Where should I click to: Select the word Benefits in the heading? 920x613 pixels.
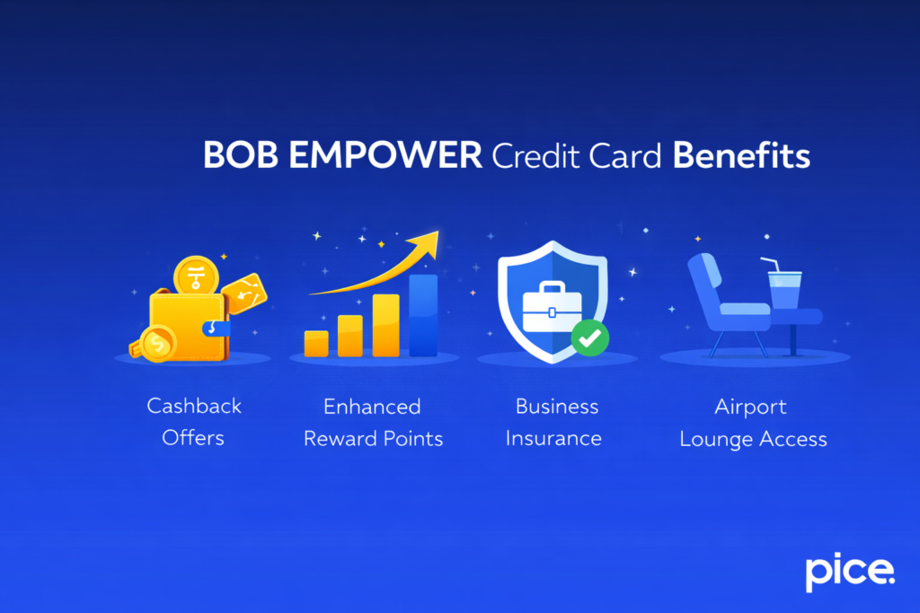(741, 156)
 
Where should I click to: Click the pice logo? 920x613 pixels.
(849, 572)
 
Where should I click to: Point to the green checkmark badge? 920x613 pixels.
(590, 337)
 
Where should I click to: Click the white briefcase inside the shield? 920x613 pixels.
(553, 306)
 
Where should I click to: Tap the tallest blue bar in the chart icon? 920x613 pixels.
(423, 315)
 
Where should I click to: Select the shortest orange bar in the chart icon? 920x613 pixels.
(316, 343)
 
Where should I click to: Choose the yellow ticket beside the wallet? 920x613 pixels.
(244, 292)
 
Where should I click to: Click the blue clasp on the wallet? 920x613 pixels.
(217, 328)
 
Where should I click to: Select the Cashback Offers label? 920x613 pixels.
(193, 422)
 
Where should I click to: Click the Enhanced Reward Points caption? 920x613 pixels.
(373, 422)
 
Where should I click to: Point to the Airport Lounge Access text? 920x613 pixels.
(753, 422)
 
